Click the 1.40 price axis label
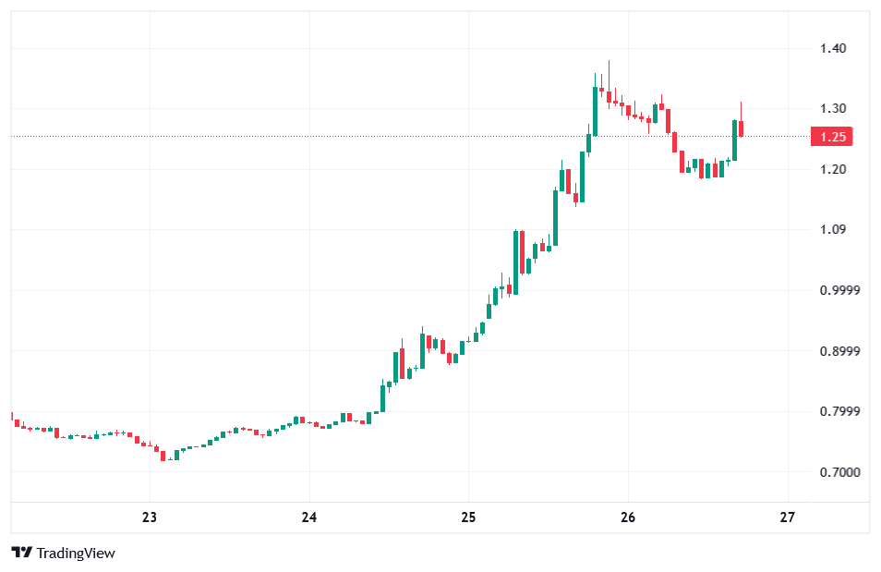tap(833, 48)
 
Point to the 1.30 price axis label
tap(833, 109)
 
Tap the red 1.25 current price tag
tap(832, 138)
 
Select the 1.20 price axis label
tap(833, 169)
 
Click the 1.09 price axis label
tap(833, 230)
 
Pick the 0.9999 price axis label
tap(839, 290)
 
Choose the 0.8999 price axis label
tap(839, 351)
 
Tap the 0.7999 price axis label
tap(839, 411)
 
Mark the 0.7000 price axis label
tap(839, 472)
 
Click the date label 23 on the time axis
tap(151, 517)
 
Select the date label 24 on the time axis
tap(309, 517)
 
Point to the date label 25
tap(468, 517)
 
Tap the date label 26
tap(628, 517)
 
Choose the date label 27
tap(787, 517)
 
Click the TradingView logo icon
tap(22, 553)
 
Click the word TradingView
tap(76, 553)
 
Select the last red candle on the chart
tap(741, 128)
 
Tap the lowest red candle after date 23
tap(163, 455)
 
